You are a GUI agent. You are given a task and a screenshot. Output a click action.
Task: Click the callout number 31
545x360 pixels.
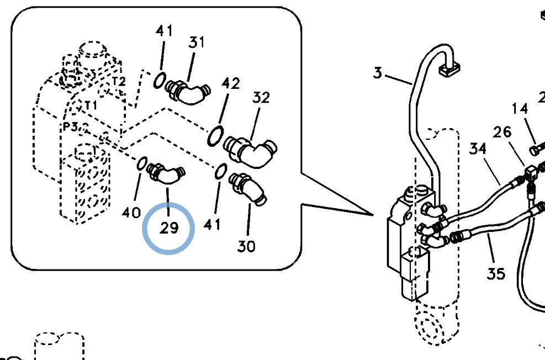coord(197,43)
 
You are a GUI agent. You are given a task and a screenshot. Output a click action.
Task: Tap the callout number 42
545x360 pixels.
coord(230,84)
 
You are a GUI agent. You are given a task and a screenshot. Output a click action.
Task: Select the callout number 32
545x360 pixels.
coord(261,98)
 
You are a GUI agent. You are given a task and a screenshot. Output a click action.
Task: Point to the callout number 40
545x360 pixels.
coord(131,213)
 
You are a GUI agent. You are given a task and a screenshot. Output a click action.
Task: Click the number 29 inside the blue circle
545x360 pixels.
coord(170,228)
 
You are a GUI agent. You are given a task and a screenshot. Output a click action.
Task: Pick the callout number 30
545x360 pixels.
coord(246,246)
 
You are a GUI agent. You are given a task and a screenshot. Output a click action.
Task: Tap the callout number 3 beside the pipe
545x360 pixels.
coord(378,73)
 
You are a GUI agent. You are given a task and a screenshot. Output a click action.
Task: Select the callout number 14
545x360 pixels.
coord(520,109)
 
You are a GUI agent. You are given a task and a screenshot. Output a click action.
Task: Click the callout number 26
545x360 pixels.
coord(502,132)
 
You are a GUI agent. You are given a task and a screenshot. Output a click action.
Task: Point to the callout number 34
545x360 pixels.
coord(478,149)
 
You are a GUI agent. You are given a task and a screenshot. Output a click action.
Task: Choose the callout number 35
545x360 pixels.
coord(496,274)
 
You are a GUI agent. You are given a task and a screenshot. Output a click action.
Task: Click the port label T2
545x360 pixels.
coord(119,82)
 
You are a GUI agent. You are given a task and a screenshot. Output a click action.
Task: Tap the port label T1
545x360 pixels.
coord(91,104)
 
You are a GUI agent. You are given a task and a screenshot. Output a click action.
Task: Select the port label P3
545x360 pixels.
coord(70,127)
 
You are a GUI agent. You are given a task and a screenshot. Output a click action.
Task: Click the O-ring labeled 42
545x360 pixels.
coord(215,136)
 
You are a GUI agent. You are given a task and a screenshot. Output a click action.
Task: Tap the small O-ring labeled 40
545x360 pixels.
coord(142,163)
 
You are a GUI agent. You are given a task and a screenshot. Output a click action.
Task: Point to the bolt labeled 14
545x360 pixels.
coord(537,150)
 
